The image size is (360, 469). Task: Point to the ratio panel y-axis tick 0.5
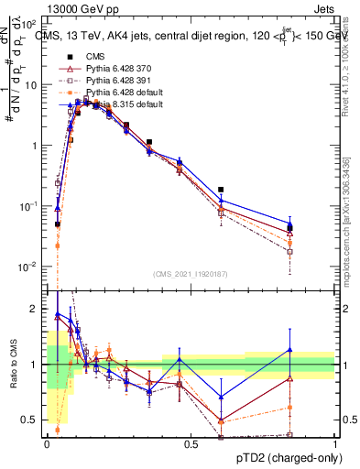point(32,420)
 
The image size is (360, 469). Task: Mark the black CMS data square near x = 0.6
point(221,190)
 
